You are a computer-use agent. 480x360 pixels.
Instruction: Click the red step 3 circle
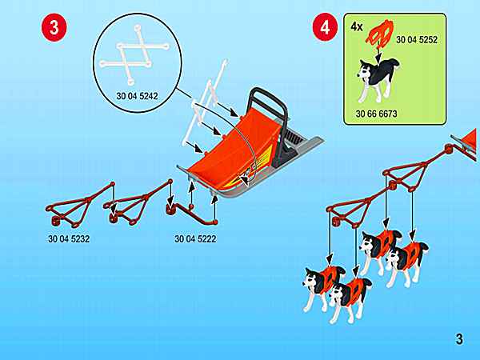tap(54, 27)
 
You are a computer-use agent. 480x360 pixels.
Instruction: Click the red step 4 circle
tap(325, 27)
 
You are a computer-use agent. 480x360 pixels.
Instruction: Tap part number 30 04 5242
tap(137, 96)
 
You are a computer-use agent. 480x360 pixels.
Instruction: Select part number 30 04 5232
tap(69, 238)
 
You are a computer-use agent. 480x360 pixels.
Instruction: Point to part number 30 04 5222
tap(195, 238)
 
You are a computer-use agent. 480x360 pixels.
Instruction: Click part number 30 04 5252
tap(417, 39)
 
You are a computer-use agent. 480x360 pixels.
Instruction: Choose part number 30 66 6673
tap(376, 114)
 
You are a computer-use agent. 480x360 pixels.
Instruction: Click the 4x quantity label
tap(357, 27)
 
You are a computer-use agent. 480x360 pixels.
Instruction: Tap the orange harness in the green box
tap(379, 34)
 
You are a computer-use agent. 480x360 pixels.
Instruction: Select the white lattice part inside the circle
tap(134, 54)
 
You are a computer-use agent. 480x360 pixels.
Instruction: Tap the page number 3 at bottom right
tap(459, 339)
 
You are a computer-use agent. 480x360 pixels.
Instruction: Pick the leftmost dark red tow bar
tap(80, 203)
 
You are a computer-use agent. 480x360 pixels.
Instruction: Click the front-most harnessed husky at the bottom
tap(349, 298)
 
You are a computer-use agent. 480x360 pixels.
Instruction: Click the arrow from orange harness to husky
tap(379, 56)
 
